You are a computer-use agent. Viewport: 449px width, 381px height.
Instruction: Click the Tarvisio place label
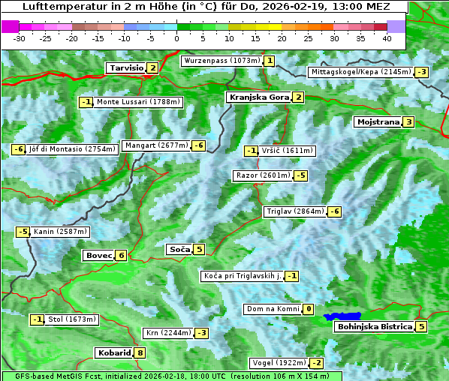click(125, 67)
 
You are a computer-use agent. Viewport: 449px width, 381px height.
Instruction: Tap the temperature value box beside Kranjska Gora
click(299, 97)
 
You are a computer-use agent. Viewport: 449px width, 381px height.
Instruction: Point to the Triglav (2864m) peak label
click(295, 211)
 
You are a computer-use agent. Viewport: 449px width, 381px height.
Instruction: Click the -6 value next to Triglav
click(335, 211)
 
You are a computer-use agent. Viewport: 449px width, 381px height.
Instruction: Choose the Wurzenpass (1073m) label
click(222, 61)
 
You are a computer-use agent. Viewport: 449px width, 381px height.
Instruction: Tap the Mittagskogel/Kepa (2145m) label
click(360, 72)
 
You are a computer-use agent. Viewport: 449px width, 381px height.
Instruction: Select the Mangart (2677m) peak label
click(156, 145)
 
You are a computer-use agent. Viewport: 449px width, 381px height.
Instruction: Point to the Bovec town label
click(98, 255)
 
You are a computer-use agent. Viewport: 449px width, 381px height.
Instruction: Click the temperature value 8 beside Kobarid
click(140, 352)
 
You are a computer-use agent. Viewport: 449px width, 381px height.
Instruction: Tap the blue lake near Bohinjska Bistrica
click(343, 317)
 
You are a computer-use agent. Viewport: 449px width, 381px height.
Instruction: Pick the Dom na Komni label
click(273, 309)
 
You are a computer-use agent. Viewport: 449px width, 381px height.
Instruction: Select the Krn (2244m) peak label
click(167, 332)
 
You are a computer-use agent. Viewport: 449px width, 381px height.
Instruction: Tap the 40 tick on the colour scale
click(387, 37)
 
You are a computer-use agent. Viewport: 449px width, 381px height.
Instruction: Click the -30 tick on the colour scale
click(20, 37)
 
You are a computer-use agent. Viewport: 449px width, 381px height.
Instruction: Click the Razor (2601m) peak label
click(263, 175)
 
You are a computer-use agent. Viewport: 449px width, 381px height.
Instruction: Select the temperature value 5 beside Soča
click(198, 249)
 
